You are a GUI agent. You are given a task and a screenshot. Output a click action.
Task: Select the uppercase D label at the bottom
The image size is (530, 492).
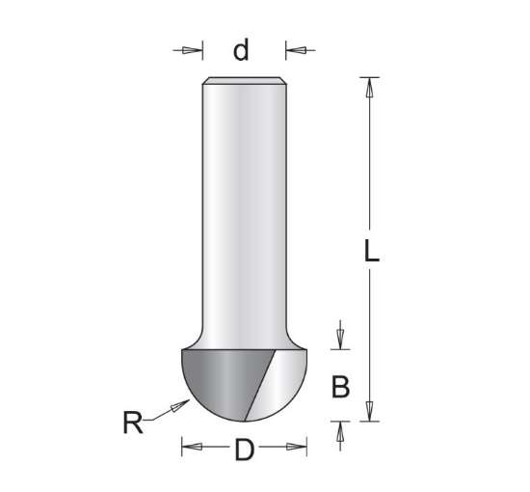pyautogui.click(x=244, y=449)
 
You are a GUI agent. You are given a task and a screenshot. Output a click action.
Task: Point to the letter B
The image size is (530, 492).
pyautogui.click(x=340, y=387)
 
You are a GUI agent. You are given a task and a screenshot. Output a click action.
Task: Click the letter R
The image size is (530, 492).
pyautogui.click(x=133, y=422)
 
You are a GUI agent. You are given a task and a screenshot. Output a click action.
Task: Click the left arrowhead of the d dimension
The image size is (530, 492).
pyautogui.click(x=196, y=49)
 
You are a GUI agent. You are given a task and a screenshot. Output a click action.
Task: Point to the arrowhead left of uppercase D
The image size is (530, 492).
pyautogui.click(x=190, y=447)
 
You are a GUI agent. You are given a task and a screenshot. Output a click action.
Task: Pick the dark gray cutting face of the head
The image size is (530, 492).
pyautogui.click(x=222, y=381)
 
